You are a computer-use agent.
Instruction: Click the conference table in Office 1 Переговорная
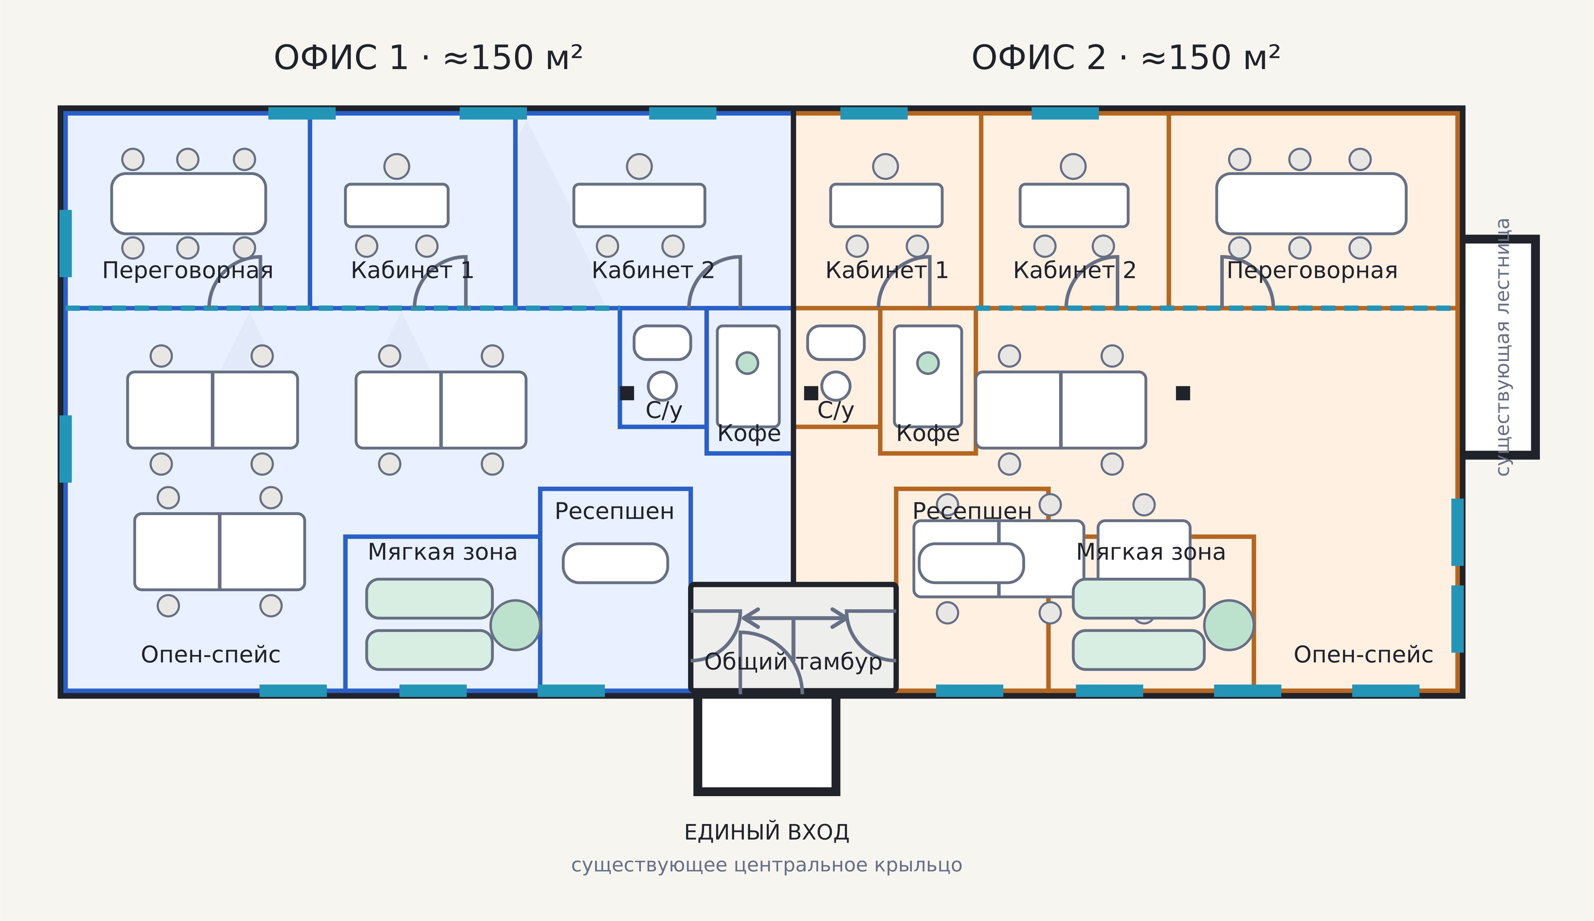click(188, 204)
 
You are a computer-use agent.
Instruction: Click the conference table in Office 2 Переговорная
click(1311, 204)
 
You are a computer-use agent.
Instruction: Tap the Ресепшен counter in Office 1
click(615, 563)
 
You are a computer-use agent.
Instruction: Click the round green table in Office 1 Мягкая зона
click(515, 625)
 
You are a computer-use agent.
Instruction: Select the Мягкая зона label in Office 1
click(443, 552)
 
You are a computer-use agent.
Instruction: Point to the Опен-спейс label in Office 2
click(1363, 655)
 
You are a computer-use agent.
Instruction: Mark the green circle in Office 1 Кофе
click(748, 363)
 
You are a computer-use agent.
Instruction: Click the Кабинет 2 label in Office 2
click(1074, 270)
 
